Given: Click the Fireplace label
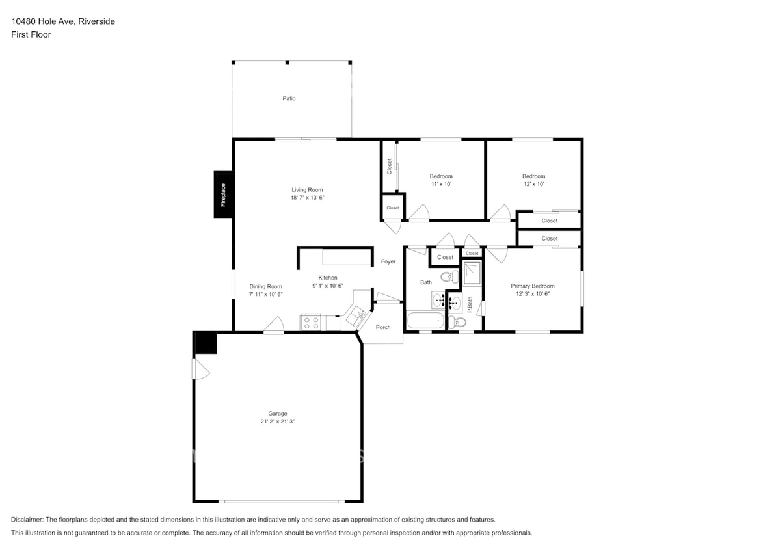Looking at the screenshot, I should point(223,194).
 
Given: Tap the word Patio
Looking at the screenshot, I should point(289,98).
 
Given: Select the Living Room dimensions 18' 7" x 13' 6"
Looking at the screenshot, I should point(307,197).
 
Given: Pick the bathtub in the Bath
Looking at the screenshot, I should point(425,321).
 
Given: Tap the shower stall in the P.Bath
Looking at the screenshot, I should point(472,273).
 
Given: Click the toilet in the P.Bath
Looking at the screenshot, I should point(461,321).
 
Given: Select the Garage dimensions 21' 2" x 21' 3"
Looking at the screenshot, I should point(278,422).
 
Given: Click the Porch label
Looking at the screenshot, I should point(383,327).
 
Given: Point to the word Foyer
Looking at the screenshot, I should point(388,261).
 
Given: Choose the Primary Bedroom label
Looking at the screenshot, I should point(533,286).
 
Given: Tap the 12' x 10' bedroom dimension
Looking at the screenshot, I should point(533,184).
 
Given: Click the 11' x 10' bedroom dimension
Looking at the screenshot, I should point(441,184).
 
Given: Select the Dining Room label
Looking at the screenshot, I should point(266,286).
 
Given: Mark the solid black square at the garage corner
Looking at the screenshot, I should point(206,343).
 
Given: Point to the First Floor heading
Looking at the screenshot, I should point(31,34).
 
